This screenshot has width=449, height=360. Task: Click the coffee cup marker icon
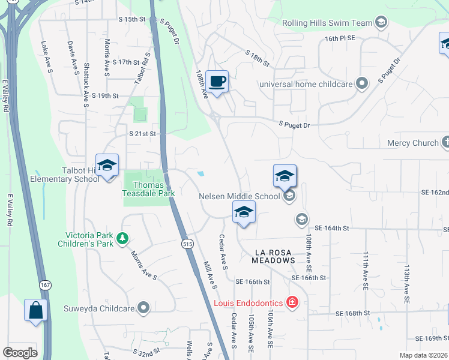[x=217, y=81]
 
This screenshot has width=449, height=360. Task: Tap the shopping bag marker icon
[x=35, y=310]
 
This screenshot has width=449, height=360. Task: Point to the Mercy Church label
[x=413, y=143]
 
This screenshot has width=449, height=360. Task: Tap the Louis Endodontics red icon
[x=292, y=302]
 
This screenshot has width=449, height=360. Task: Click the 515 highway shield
[x=187, y=243]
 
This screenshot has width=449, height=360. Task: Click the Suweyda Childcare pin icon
[x=143, y=308]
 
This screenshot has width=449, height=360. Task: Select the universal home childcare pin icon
[x=361, y=83]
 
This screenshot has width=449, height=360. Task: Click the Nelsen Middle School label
[x=240, y=196]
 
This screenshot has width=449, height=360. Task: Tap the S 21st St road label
[x=142, y=133]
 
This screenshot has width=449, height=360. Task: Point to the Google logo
[x=20, y=353]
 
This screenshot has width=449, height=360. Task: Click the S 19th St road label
[x=106, y=95]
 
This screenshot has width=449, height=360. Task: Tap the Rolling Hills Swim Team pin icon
[x=380, y=23]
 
